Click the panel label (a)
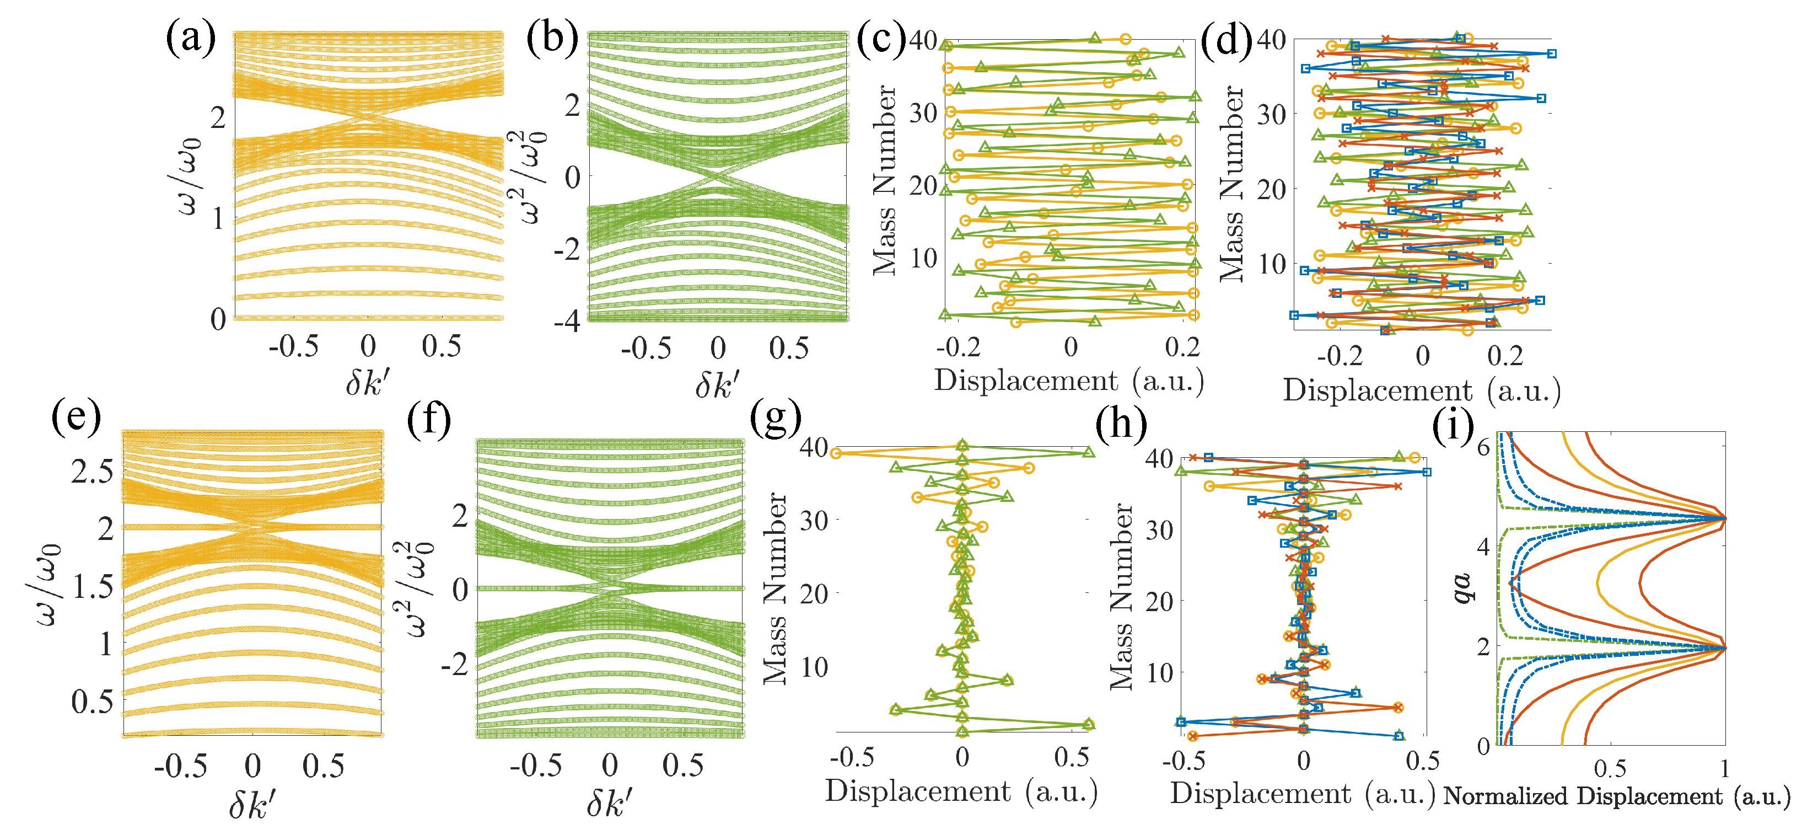tap(190, 39)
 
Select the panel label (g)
tap(775, 421)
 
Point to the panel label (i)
tap(1453, 426)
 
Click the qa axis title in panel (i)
tap(1461, 588)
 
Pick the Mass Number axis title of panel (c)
tap(884, 180)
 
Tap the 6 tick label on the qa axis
tap(1482, 447)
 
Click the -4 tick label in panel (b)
tap(567, 322)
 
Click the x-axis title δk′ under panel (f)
tap(609, 803)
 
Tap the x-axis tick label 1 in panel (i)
tap(1724, 769)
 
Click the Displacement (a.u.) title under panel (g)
tap(961, 791)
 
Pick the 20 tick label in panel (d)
tap(1271, 190)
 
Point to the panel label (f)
tap(428, 421)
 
